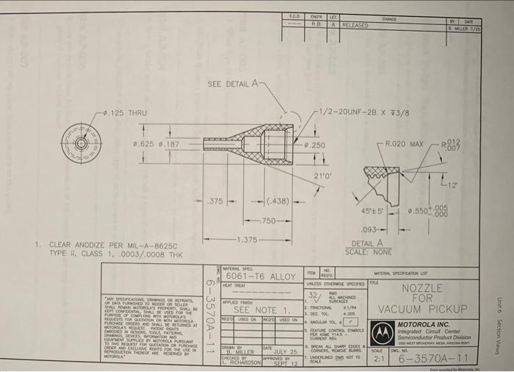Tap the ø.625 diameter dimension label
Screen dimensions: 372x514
click(145, 146)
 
